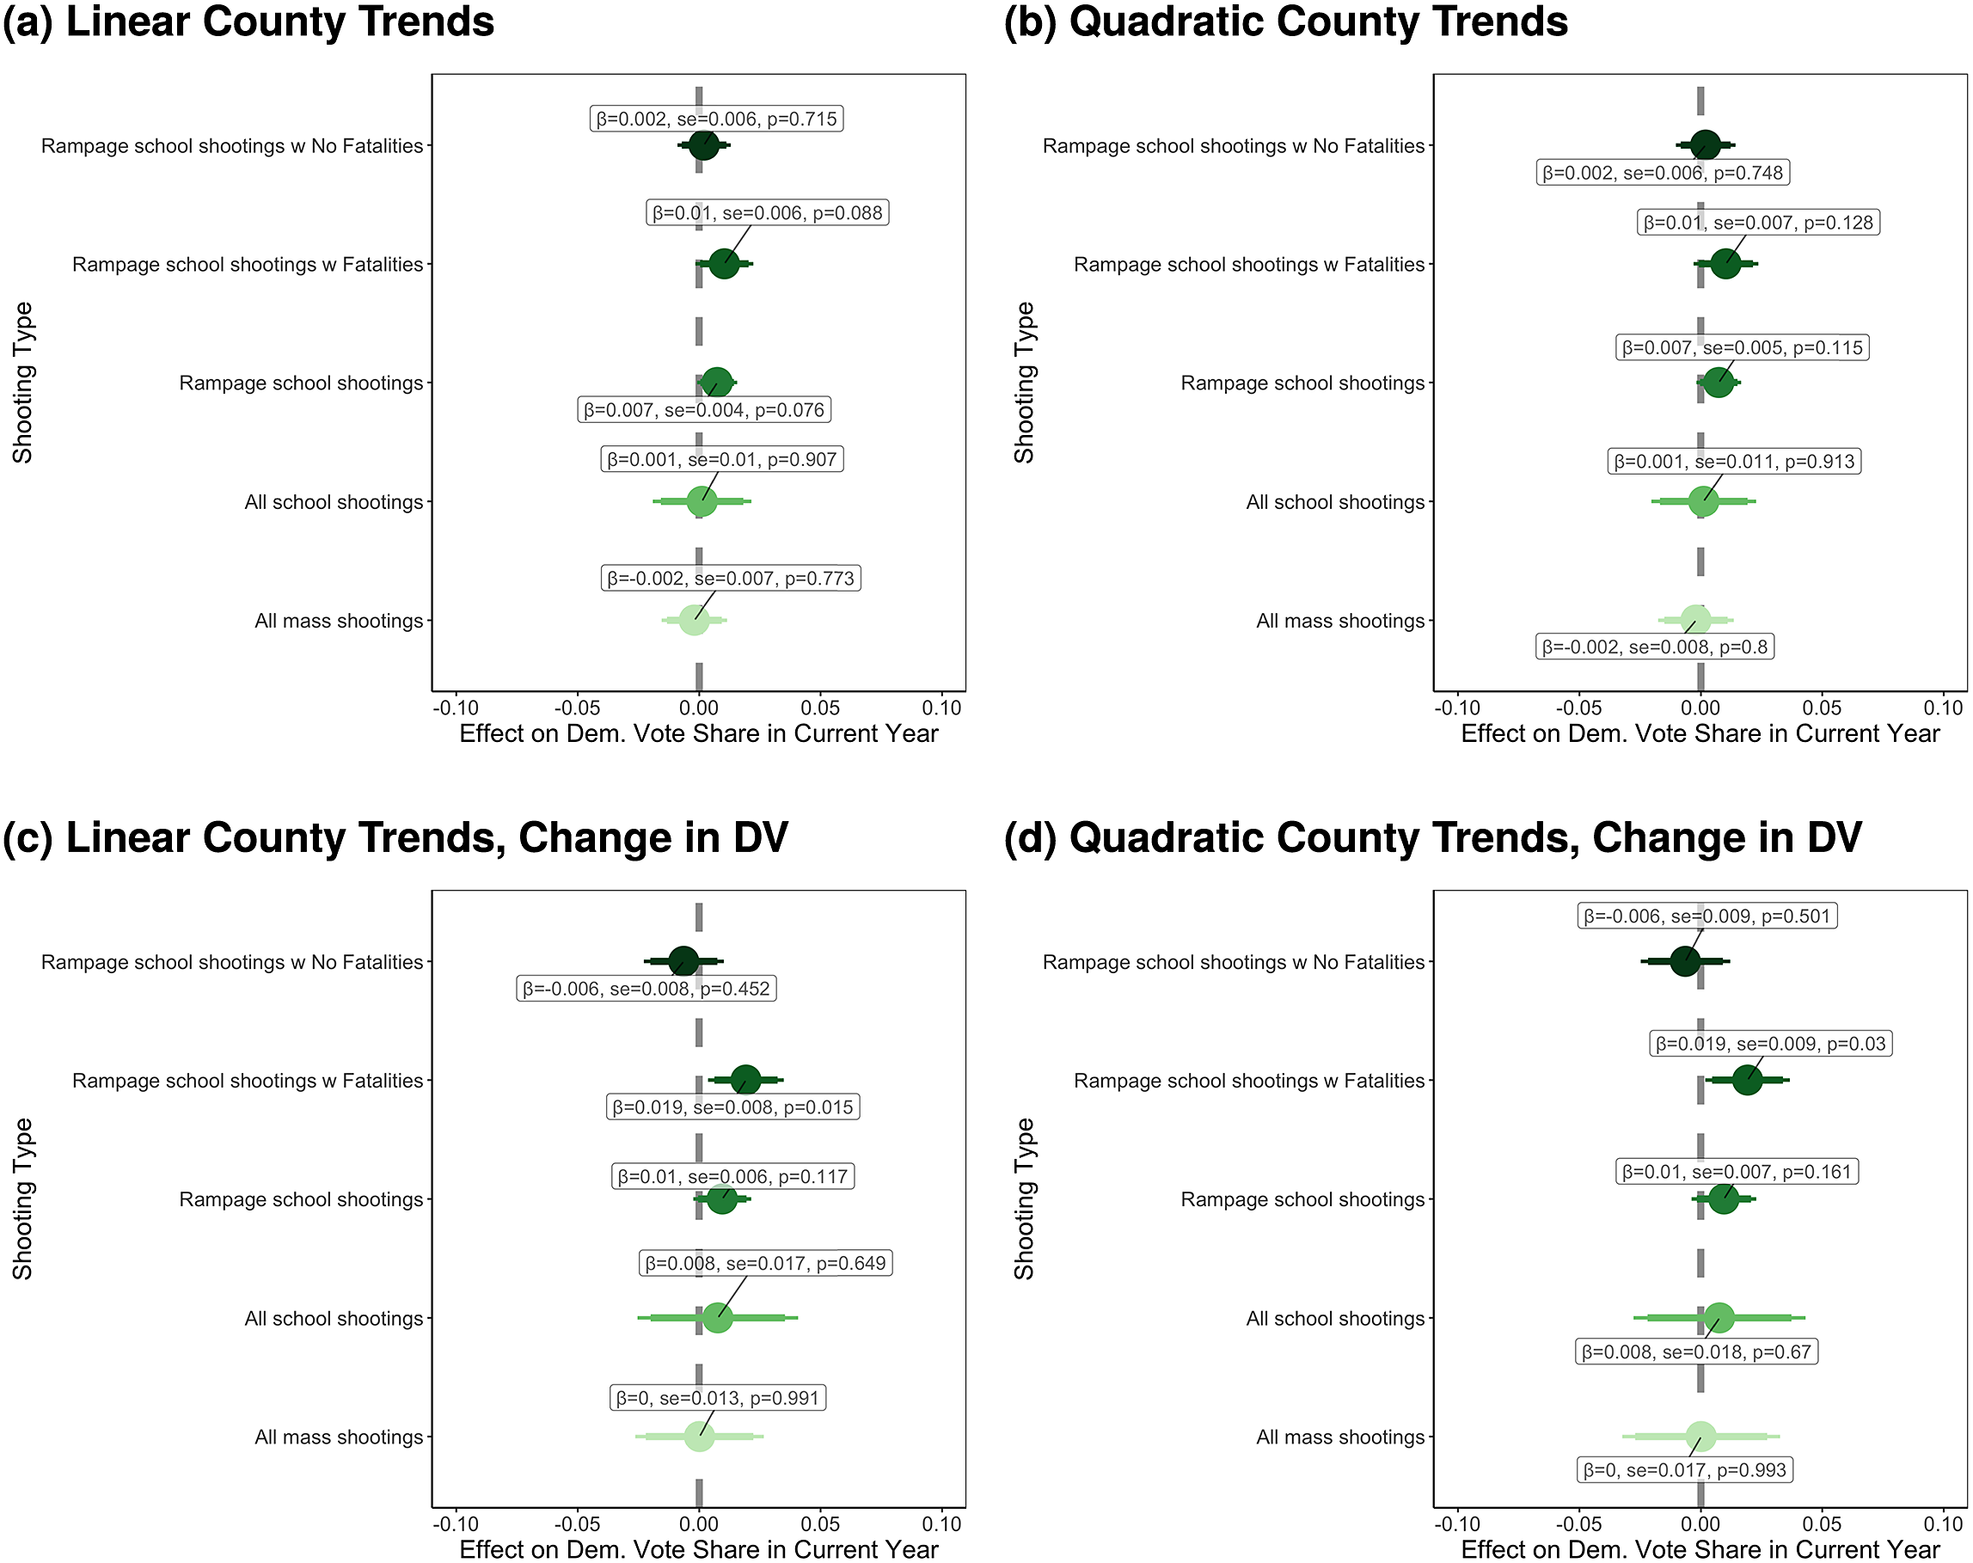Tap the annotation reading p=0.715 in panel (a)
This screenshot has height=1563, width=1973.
(716, 119)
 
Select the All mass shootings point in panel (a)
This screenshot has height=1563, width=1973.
(694, 620)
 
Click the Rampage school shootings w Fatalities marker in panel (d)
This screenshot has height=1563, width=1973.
(1747, 1080)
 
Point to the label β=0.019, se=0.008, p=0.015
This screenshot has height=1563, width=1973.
(733, 1107)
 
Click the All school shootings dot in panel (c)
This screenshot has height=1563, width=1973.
(717, 1318)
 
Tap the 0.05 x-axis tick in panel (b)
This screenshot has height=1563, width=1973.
(1822, 708)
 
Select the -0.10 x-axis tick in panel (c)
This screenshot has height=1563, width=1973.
(455, 1524)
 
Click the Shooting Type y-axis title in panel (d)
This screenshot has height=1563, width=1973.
(1024, 1198)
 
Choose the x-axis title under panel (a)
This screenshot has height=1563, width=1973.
(698, 734)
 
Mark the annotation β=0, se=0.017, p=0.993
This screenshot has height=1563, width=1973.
(1684, 1470)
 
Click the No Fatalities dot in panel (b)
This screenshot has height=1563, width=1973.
(1705, 145)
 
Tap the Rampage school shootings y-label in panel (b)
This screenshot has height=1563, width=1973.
(1302, 383)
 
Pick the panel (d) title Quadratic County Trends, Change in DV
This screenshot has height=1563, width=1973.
(1433, 838)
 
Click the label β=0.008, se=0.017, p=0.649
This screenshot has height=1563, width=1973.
(765, 1263)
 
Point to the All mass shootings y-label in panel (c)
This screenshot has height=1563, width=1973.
(339, 1437)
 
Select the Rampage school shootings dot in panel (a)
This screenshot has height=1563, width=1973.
(716, 382)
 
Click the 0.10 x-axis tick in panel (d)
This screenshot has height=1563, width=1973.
(1943, 1524)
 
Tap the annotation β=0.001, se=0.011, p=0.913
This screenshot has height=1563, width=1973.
(1734, 461)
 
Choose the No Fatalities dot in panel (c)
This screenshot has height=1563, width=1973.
(682, 961)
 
